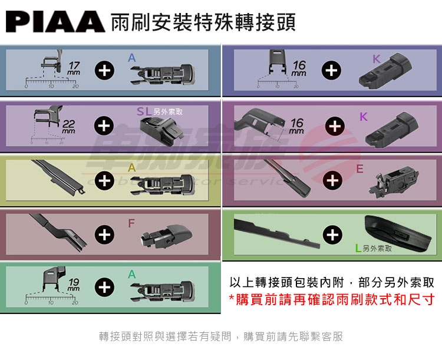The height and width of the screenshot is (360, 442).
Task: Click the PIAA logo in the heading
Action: (x=55, y=22)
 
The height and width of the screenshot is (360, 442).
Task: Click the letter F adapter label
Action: (x=131, y=223)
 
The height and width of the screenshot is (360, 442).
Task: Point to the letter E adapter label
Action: (x=359, y=170)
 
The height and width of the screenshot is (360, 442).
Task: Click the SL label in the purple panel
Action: (x=143, y=111)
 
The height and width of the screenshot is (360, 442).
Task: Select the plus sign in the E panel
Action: (x=332, y=180)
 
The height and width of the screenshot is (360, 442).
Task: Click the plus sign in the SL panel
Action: (x=104, y=125)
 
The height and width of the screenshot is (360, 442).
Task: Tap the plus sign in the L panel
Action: (x=332, y=235)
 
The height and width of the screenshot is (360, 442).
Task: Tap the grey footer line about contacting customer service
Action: (x=220, y=337)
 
